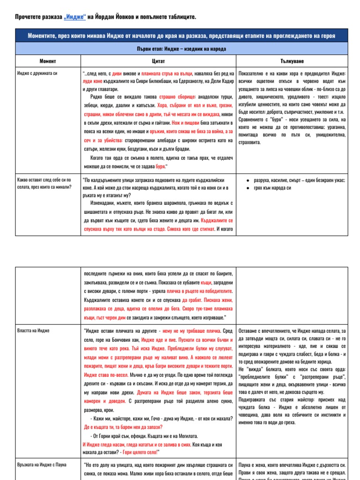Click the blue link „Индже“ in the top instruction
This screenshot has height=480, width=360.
click(x=74, y=17)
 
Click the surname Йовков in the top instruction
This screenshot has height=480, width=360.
click(x=118, y=17)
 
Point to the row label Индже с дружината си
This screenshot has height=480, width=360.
click(x=37, y=74)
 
